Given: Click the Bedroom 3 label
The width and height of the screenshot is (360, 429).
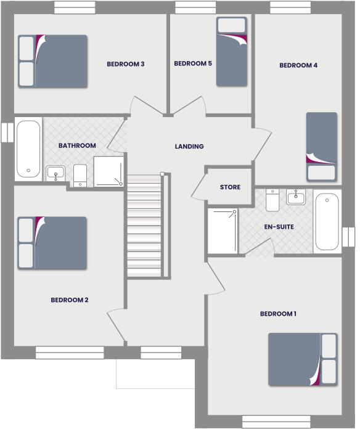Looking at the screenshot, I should pos(125,63).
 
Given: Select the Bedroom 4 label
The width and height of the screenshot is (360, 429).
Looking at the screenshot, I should pos(298,65).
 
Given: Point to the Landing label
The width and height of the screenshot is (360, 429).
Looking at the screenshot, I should pos(189,147).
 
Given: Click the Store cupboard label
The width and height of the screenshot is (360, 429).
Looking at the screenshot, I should pos(230,187).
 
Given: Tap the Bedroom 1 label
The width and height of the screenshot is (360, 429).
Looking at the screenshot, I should pos(278,314).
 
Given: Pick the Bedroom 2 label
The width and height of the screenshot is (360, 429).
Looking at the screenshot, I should pos(70,300).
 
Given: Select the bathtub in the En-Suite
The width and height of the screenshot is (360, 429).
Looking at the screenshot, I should pos(327,222).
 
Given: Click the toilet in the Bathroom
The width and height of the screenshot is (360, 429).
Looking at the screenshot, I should pos(80,174).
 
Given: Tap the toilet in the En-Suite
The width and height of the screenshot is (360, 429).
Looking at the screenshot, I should pos(273,199).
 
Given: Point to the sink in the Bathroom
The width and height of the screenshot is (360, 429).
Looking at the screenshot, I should pos(56,174).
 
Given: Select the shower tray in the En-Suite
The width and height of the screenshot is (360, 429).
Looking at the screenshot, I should pos(222,231).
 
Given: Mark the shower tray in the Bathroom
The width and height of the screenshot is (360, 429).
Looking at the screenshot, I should pos(108,171).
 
